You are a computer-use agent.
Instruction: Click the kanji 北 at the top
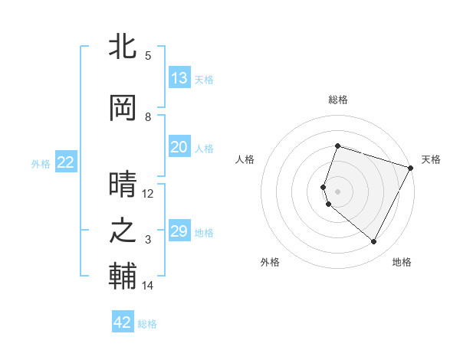tap(123, 47)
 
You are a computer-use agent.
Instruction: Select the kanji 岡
tap(123, 109)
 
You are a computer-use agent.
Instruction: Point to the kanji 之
tap(123, 231)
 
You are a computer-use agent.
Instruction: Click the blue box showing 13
tap(179, 78)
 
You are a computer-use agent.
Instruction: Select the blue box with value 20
tap(179, 147)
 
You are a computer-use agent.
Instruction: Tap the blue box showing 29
tap(179, 231)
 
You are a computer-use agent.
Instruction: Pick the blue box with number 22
tap(66, 162)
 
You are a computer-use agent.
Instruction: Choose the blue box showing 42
tap(123, 322)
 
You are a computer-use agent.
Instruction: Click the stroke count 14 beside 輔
tap(147, 286)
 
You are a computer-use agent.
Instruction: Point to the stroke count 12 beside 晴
tap(147, 194)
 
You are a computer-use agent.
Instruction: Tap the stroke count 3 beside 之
tap(149, 240)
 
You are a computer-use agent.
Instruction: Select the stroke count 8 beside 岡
tap(149, 117)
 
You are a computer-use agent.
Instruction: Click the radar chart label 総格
tap(337, 100)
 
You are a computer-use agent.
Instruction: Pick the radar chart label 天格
tap(431, 159)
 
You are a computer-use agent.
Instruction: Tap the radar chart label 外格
tap(270, 262)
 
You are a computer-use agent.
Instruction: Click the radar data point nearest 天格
tap(411, 168)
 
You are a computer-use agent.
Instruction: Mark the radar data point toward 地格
tap(374, 242)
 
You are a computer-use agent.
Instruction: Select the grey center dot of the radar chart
tap(337, 191)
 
